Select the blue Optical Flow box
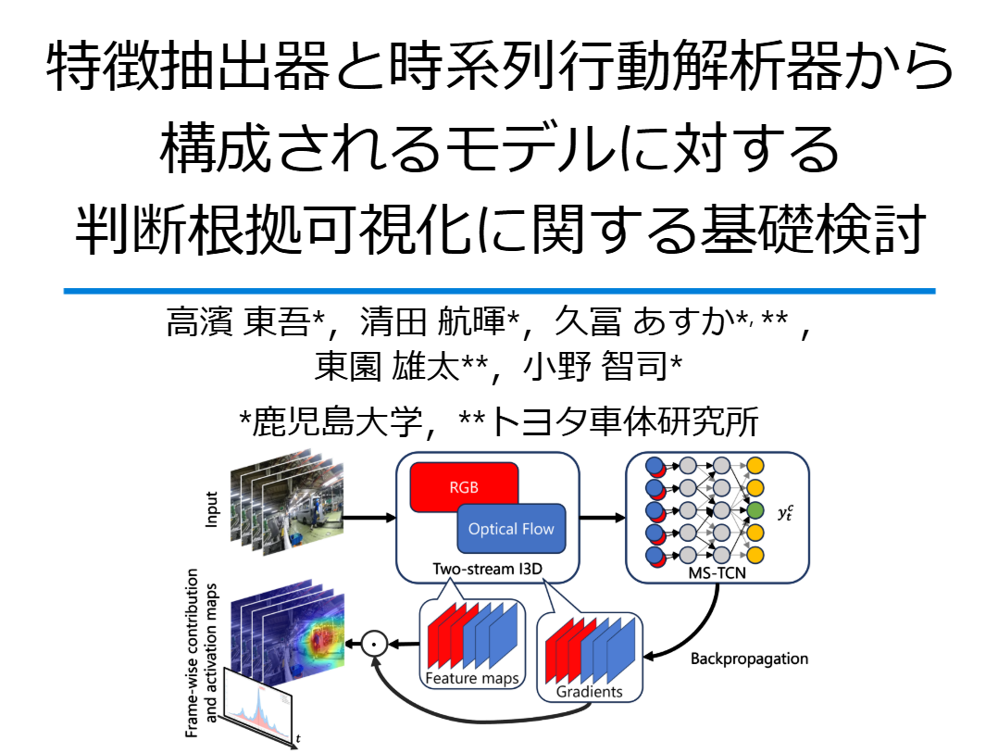pyautogui.click(x=510, y=529)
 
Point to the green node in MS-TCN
pyautogui.click(x=755, y=510)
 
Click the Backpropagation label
pyautogui.click(x=749, y=659)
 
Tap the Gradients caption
pyautogui.click(x=590, y=691)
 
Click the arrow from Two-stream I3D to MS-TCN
pyautogui.click(x=603, y=517)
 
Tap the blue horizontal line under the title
pyautogui.click(x=499, y=291)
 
